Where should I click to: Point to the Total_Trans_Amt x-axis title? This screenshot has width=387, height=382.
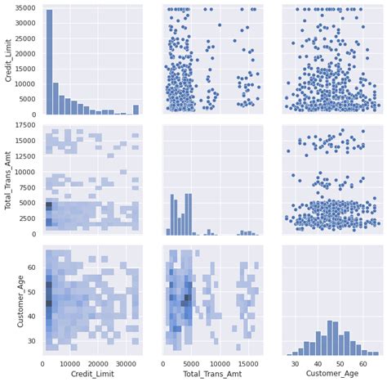(x=211, y=374)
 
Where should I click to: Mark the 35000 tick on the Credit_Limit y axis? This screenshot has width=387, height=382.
(x=28, y=9)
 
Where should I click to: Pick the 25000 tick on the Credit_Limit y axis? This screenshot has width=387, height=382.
(x=28, y=39)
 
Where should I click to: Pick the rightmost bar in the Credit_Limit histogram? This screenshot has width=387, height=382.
(x=136, y=110)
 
